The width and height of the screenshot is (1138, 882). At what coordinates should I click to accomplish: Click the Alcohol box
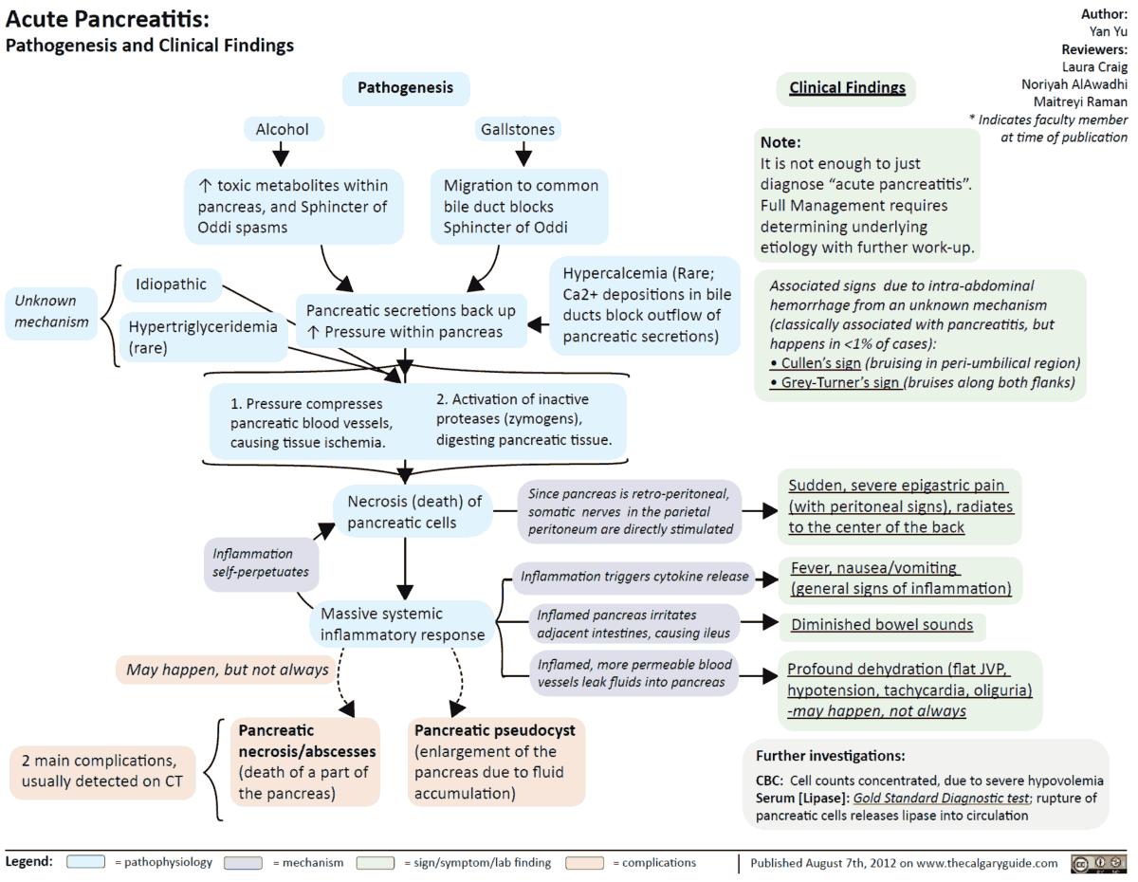tap(283, 129)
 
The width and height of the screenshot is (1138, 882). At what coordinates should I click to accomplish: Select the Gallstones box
tap(518, 129)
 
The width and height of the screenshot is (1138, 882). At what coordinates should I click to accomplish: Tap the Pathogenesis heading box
tap(405, 88)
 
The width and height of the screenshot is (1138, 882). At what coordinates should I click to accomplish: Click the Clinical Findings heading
tap(847, 88)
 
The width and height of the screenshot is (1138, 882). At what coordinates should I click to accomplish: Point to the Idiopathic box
tap(171, 284)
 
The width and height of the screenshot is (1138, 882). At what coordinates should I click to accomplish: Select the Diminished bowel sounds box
tap(882, 625)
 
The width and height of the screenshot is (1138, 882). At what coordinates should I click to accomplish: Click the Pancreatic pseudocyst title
tap(496, 730)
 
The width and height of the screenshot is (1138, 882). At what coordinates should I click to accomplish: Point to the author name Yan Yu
tap(1109, 31)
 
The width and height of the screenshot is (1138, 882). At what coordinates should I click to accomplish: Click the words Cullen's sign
tap(820, 363)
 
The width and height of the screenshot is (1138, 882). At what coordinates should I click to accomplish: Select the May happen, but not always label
tap(228, 670)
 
